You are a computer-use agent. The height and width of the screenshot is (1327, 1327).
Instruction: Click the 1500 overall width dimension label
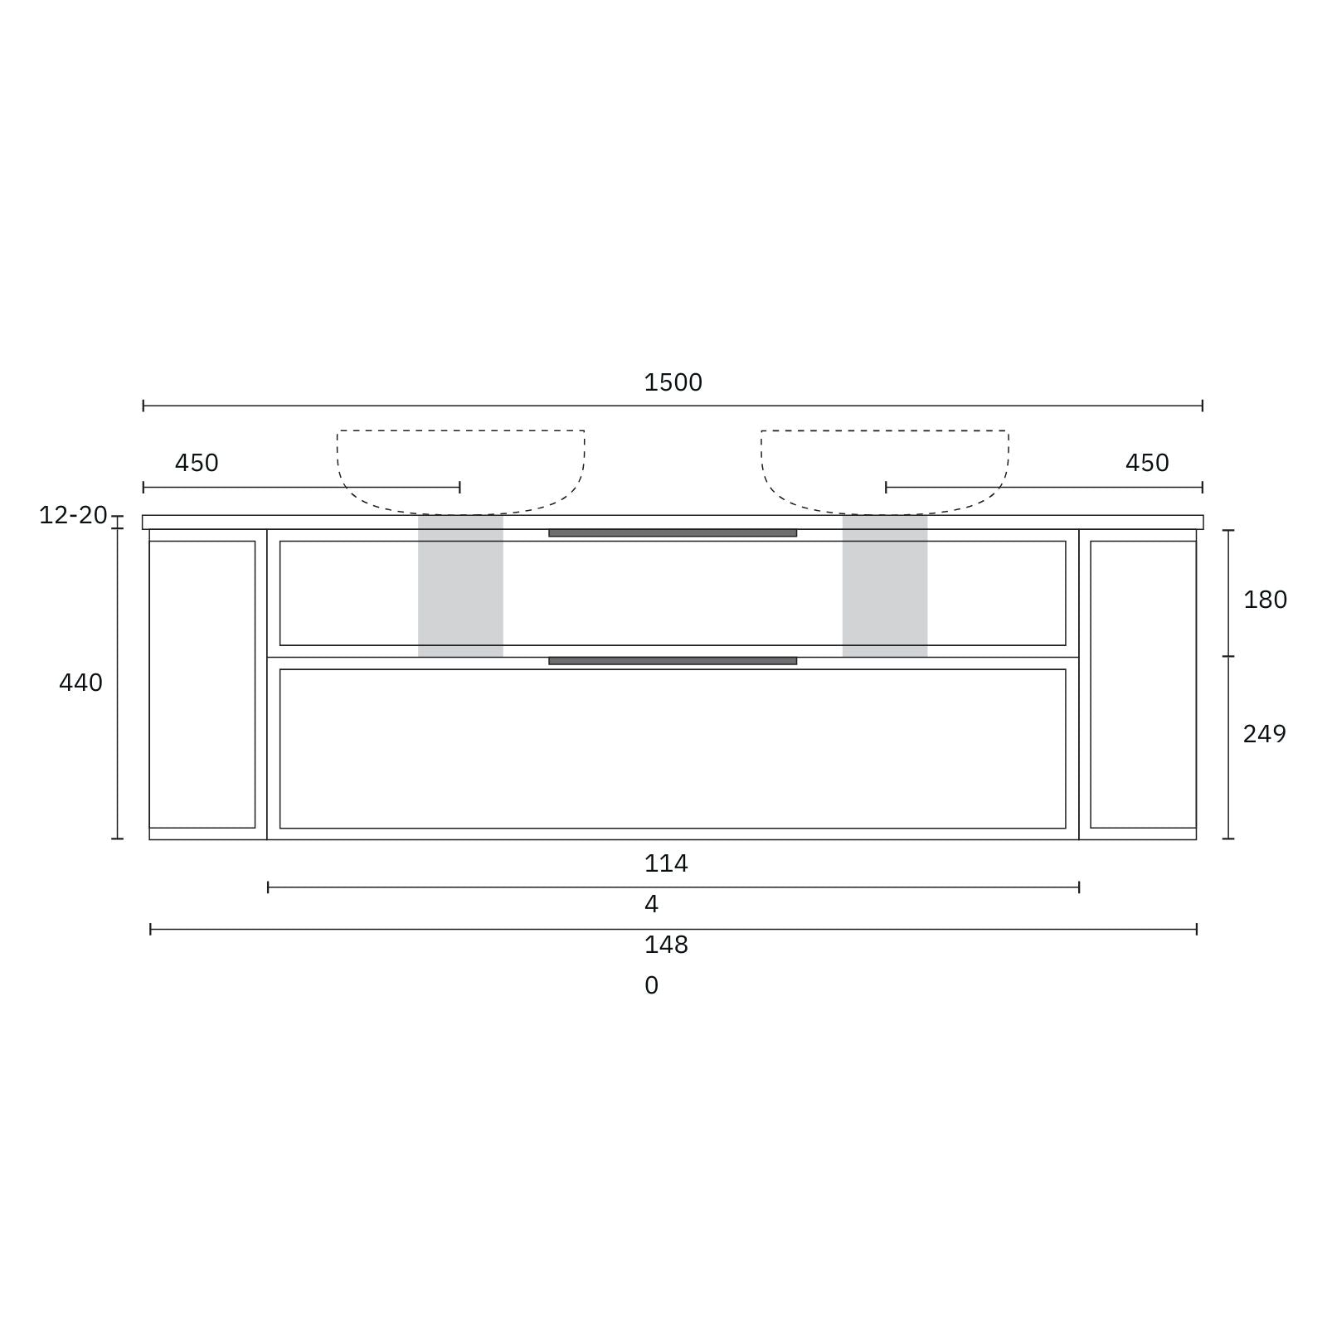(x=673, y=383)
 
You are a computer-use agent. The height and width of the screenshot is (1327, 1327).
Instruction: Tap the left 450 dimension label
(x=197, y=463)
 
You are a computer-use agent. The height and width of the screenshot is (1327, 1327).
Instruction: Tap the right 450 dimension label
(x=1147, y=463)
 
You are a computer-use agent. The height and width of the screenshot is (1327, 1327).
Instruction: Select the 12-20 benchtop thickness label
(x=73, y=515)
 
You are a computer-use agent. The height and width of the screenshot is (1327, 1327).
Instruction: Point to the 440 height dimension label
(x=80, y=683)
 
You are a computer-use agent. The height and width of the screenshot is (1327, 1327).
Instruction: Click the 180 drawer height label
(x=1265, y=600)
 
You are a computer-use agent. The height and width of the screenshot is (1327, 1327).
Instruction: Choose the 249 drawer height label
(x=1264, y=734)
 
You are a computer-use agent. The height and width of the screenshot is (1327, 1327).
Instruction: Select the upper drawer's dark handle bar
(x=673, y=533)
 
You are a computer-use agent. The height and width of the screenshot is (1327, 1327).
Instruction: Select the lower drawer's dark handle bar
(x=673, y=661)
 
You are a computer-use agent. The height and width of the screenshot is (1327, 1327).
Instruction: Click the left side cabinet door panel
(x=202, y=684)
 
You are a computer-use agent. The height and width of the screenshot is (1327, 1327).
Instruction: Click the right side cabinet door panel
(x=1143, y=684)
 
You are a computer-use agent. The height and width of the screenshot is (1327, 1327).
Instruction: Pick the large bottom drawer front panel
(x=673, y=748)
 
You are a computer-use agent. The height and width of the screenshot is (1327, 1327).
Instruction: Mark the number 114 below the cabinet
(x=666, y=864)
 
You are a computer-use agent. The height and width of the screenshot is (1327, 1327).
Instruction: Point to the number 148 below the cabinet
(x=666, y=945)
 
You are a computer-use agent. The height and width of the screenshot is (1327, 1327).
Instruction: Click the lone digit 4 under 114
(x=652, y=904)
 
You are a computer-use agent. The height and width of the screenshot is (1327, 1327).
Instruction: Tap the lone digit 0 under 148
(x=652, y=985)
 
